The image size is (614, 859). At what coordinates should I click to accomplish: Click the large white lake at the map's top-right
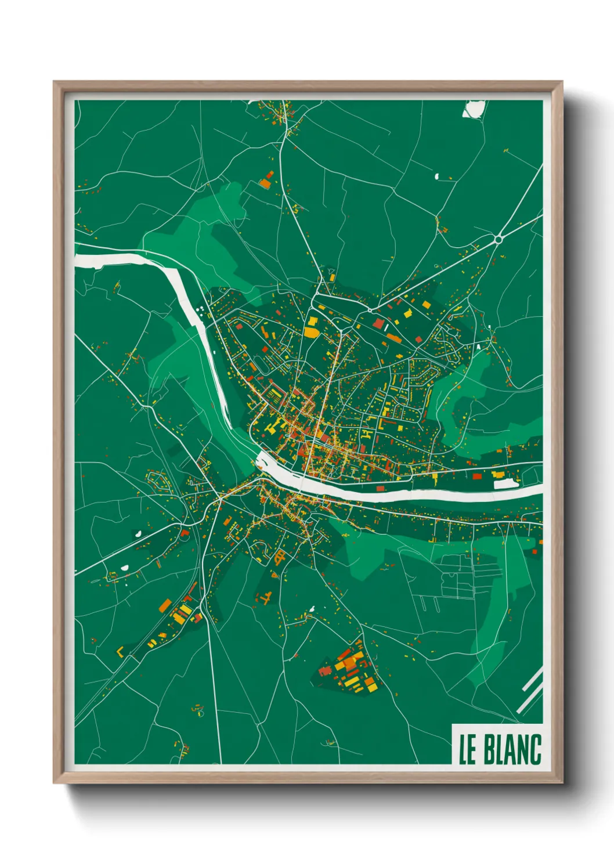474,109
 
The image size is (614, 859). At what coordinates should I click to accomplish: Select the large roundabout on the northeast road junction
498,239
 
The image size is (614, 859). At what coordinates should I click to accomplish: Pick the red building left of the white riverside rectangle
477,477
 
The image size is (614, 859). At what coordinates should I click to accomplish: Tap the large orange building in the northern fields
265,183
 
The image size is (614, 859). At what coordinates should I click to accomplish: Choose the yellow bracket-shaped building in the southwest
121,651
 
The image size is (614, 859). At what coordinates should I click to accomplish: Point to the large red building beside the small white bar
378,323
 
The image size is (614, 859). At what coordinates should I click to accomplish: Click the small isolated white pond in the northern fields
436,176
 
